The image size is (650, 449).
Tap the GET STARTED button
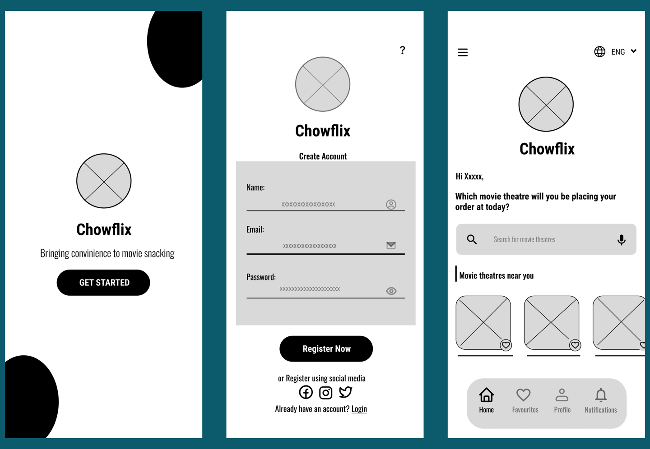(x=103, y=283)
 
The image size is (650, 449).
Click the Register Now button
(x=326, y=348)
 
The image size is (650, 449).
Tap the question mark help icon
(x=402, y=50)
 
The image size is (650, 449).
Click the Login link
(x=359, y=409)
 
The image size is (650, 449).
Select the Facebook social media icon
(x=306, y=392)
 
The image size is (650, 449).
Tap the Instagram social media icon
(x=325, y=393)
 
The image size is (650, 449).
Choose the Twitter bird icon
(x=345, y=392)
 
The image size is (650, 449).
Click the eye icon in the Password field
(x=391, y=291)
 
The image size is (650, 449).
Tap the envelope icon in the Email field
(x=391, y=245)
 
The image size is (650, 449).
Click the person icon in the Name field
(x=391, y=204)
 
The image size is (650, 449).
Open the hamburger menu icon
(x=463, y=52)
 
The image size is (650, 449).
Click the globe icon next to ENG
(x=599, y=51)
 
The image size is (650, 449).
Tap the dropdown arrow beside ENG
(x=634, y=51)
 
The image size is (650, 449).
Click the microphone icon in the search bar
(x=621, y=239)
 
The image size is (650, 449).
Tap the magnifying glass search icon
(x=472, y=239)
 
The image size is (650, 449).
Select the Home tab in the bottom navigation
(x=486, y=400)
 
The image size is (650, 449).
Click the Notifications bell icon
(x=600, y=395)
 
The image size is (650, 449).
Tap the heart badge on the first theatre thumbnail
(x=506, y=345)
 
